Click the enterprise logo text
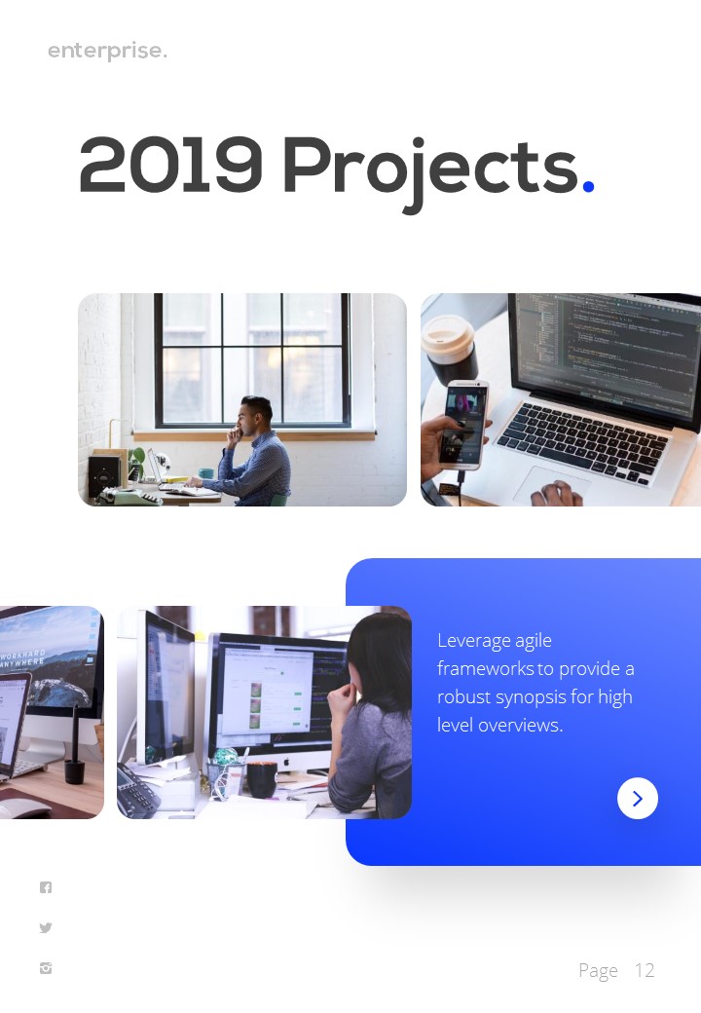click(x=107, y=51)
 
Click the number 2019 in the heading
click(x=170, y=166)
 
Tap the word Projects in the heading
click(x=429, y=168)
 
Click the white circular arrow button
click(x=638, y=799)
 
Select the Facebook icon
click(x=46, y=887)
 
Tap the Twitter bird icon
click(x=46, y=928)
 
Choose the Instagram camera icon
click(x=46, y=968)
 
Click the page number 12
click(x=645, y=970)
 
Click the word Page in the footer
click(x=598, y=970)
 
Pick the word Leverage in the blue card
click(x=474, y=641)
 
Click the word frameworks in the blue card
click(x=485, y=669)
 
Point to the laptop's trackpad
click(x=550, y=482)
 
